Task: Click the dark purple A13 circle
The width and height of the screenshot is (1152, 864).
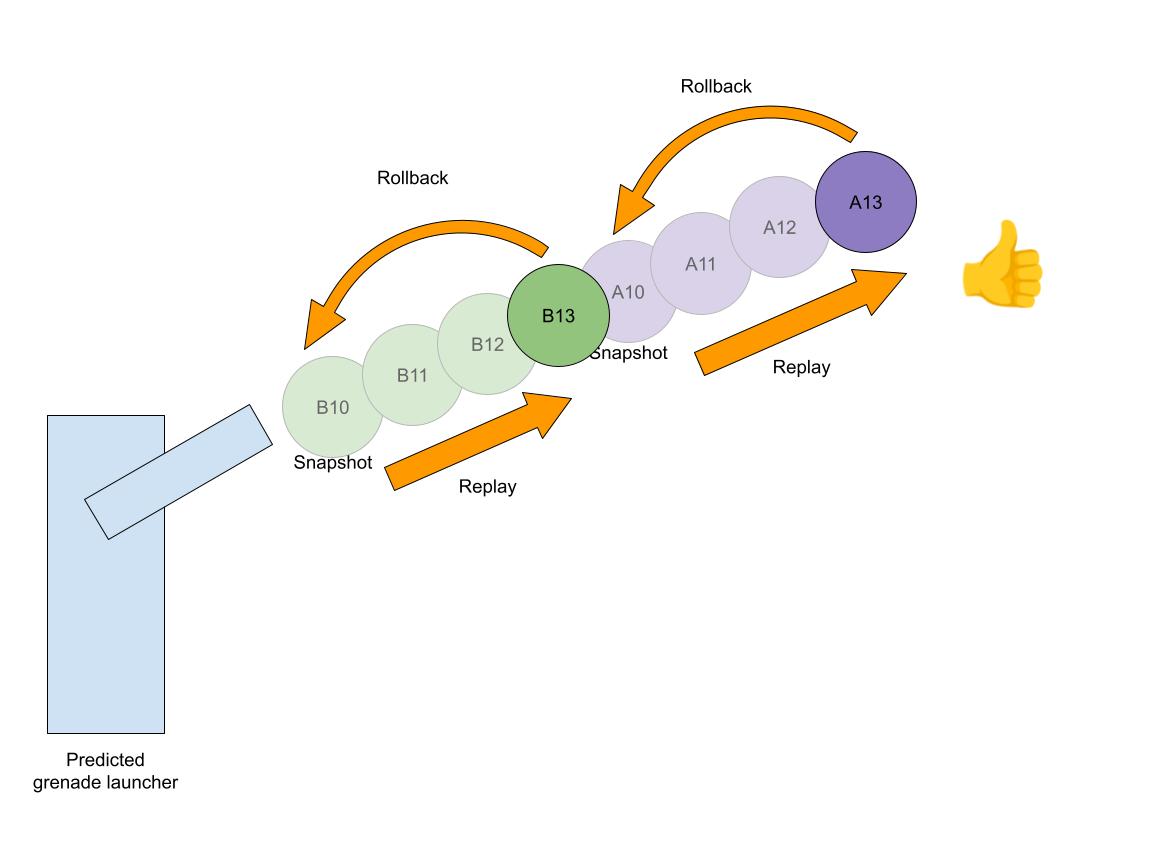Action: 865,202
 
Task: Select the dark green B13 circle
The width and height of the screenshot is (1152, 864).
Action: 558,316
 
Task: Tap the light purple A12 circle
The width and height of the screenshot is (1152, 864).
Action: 779,227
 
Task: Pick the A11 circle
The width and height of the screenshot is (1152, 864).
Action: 701,264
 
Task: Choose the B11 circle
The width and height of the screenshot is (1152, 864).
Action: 412,375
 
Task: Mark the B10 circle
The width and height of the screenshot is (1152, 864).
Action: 332,407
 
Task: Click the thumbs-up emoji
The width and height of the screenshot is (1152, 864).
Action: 1001,264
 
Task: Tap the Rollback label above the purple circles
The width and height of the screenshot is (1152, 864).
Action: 716,86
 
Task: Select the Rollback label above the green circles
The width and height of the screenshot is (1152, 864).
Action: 412,178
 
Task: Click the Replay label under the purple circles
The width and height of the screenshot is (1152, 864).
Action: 801,367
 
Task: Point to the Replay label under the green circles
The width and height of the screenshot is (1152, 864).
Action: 487,487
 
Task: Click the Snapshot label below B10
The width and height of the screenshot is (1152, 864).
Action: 333,463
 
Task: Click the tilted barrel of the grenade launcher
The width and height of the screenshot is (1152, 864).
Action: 178,471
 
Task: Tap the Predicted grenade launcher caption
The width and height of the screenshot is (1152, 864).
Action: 105,771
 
